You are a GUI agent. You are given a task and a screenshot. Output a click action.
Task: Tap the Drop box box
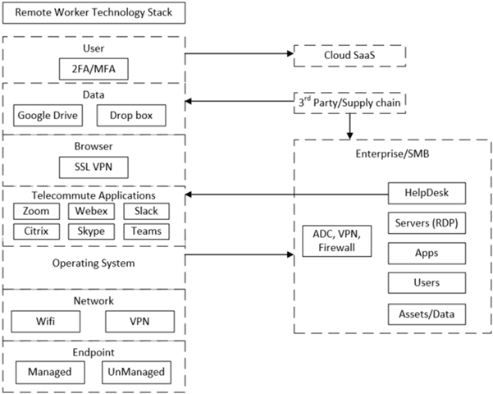pyautogui.click(x=131, y=116)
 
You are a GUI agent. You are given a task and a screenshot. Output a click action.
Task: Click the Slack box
pyautogui.click(x=147, y=212)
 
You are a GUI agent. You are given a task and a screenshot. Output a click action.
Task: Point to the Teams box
pyautogui.click(x=147, y=231)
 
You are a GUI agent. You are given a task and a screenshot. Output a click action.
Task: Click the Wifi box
pyautogui.click(x=46, y=319)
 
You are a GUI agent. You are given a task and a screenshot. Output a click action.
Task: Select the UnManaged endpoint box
pyautogui.click(x=135, y=372)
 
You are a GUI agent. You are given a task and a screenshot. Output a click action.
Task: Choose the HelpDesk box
pyautogui.click(x=427, y=193)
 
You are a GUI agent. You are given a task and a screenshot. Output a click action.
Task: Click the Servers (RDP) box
pyautogui.click(x=427, y=223)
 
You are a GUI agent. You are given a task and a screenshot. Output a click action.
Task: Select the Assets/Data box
pyautogui.click(x=427, y=313)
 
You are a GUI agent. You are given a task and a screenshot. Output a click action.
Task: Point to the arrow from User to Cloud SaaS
pyautogui.click(x=238, y=55)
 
